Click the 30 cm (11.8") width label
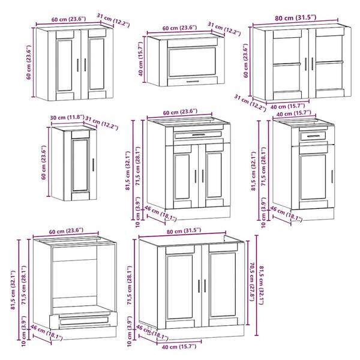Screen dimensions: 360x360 67,118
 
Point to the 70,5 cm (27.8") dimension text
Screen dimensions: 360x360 252,282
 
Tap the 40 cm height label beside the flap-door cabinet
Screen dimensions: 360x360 141,59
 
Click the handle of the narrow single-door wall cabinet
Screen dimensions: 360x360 93,164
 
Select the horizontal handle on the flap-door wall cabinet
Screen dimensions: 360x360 193,81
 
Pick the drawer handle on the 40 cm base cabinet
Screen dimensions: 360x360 313,136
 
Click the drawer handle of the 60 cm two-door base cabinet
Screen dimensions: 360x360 199,135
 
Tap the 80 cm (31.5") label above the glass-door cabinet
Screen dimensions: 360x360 296,17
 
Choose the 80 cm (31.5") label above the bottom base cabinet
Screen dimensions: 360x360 184,230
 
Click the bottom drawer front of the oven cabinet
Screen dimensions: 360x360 84,320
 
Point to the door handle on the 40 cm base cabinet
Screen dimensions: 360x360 332,176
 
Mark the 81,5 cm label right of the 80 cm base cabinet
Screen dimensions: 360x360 261,285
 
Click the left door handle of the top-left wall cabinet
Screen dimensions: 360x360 77,65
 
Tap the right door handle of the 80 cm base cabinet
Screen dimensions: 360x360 205,286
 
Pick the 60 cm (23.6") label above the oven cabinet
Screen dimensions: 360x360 66,231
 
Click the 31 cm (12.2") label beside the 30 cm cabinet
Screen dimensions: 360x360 102,123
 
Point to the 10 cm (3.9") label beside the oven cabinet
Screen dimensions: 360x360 24,331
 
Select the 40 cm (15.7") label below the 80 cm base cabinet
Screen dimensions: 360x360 179,346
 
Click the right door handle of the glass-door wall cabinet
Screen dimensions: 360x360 312,64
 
